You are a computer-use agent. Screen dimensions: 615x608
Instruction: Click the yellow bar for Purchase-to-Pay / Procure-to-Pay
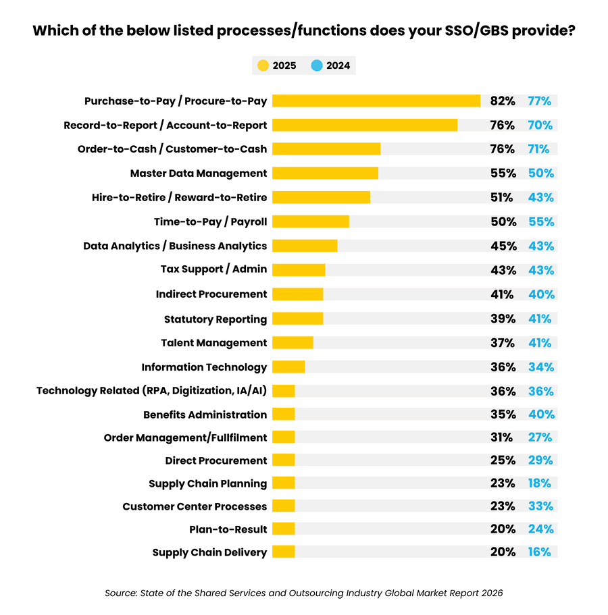[x=376, y=101]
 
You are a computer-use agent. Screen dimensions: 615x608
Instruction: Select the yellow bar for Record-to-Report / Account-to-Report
[x=365, y=125]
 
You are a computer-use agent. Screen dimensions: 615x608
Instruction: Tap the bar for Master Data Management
[x=325, y=173]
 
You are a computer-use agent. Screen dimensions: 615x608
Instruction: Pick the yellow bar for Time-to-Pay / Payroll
[x=310, y=221]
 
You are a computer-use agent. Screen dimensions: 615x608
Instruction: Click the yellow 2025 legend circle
[x=263, y=65]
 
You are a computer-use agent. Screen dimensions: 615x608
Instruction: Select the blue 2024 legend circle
[x=316, y=65]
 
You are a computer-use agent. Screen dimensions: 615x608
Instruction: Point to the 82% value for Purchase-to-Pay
[x=503, y=101]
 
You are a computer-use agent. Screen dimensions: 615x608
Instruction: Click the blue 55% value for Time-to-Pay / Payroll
[x=541, y=221]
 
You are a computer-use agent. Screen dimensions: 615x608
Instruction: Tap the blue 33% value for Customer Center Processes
[x=541, y=506]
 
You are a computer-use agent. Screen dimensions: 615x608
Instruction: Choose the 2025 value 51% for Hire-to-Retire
[x=502, y=197]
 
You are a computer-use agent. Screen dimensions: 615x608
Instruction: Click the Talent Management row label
[x=213, y=343]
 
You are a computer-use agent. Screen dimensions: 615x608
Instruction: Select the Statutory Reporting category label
[x=215, y=319]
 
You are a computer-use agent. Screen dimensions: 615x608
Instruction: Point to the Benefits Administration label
[x=205, y=415]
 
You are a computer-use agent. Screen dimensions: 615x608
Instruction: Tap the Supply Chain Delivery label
[x=209, y=552]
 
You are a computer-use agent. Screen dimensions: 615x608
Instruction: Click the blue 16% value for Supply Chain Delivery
[x=539, y=552]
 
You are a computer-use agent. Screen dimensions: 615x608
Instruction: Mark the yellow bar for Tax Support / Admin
[x=298, y=269]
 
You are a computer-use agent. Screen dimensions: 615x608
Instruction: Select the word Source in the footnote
[x=120, y=593]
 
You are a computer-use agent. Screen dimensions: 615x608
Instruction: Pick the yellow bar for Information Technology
[x=288, y=367]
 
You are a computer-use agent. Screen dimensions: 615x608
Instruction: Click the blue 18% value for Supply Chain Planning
[x=539, y=483]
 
